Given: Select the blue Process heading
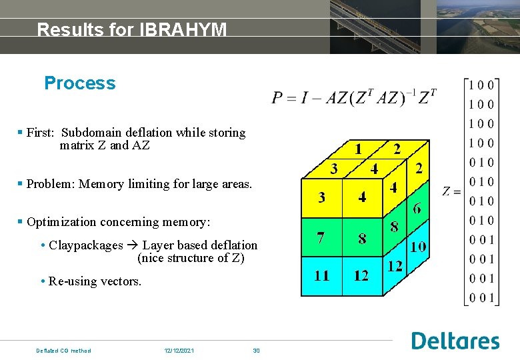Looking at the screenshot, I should point(79,83).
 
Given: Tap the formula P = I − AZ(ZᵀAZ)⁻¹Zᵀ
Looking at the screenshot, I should point(354,98).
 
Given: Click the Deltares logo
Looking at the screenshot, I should point(455,341).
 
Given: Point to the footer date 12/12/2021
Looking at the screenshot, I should point(179,351).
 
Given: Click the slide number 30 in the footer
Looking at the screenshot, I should point(256,351).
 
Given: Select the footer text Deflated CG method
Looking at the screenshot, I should point(63,351).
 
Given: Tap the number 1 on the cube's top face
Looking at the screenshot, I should point(358,149).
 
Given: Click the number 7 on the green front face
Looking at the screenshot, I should point(321,238).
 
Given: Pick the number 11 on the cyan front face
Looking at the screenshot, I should point(321,275).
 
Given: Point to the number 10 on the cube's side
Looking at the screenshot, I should point(418,247).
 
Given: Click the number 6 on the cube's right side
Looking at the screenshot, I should point(417,209).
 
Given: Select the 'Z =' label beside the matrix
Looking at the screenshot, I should point(451,192).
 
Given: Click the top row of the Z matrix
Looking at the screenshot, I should point(481,85).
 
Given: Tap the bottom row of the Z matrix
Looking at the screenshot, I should point(481,298).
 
